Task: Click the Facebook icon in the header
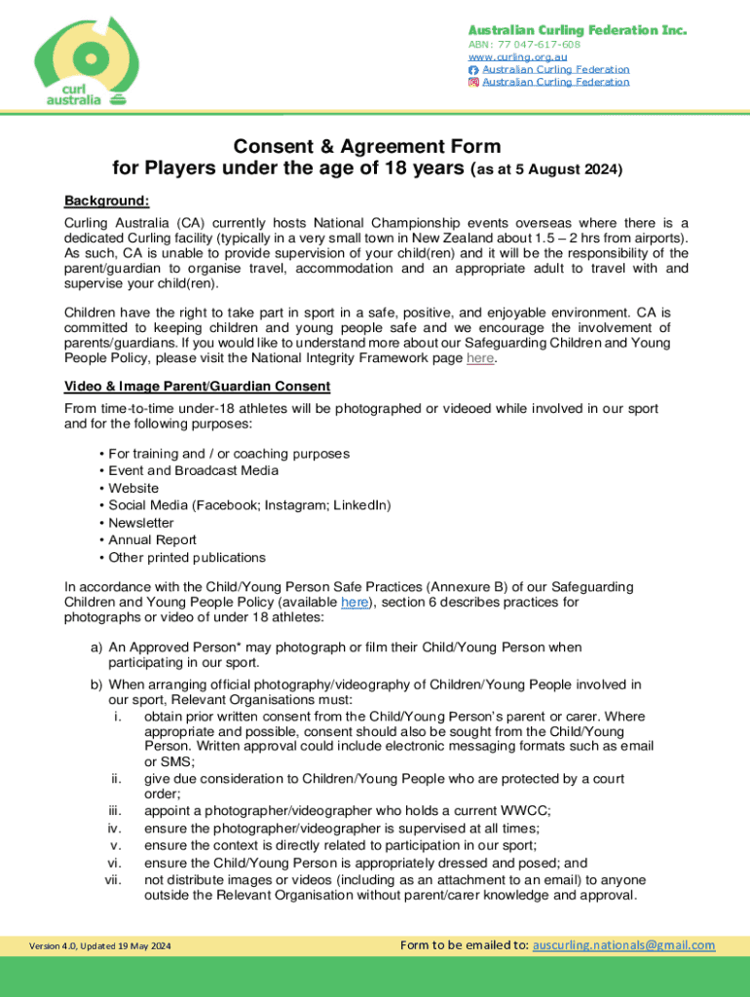pyautogui.click(x=474, y=70)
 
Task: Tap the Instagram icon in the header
pyautogui.click(x=474, y=82)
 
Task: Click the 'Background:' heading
pyautogui.click(x=106, y=201)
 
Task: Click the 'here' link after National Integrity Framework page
pyautogui.click(x=480, y=358)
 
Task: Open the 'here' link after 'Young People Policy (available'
pyautogui.click(x=354, y=603)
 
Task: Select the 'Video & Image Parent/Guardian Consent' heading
pyautogui.click(x=197, y=386)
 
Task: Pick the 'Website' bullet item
pyautogui.click(x=133, y=488)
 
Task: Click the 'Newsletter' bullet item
pyautogui.click(x=141, y=523)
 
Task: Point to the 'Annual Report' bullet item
pyautogui.click(x=152, y=539)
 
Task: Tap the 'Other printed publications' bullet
pyautogui.click(x=186, y=557)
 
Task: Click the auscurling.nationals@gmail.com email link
pyautogui.click(x=623, y=944)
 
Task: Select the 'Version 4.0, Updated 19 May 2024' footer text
pyautogui.click(x=100, y=946)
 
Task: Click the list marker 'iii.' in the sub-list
pyautogui.click(x=114, y=810)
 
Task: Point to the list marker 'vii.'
pyautogui.click(x=112, y=879)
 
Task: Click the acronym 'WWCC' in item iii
pyautogui.click(x=530, y=810)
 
